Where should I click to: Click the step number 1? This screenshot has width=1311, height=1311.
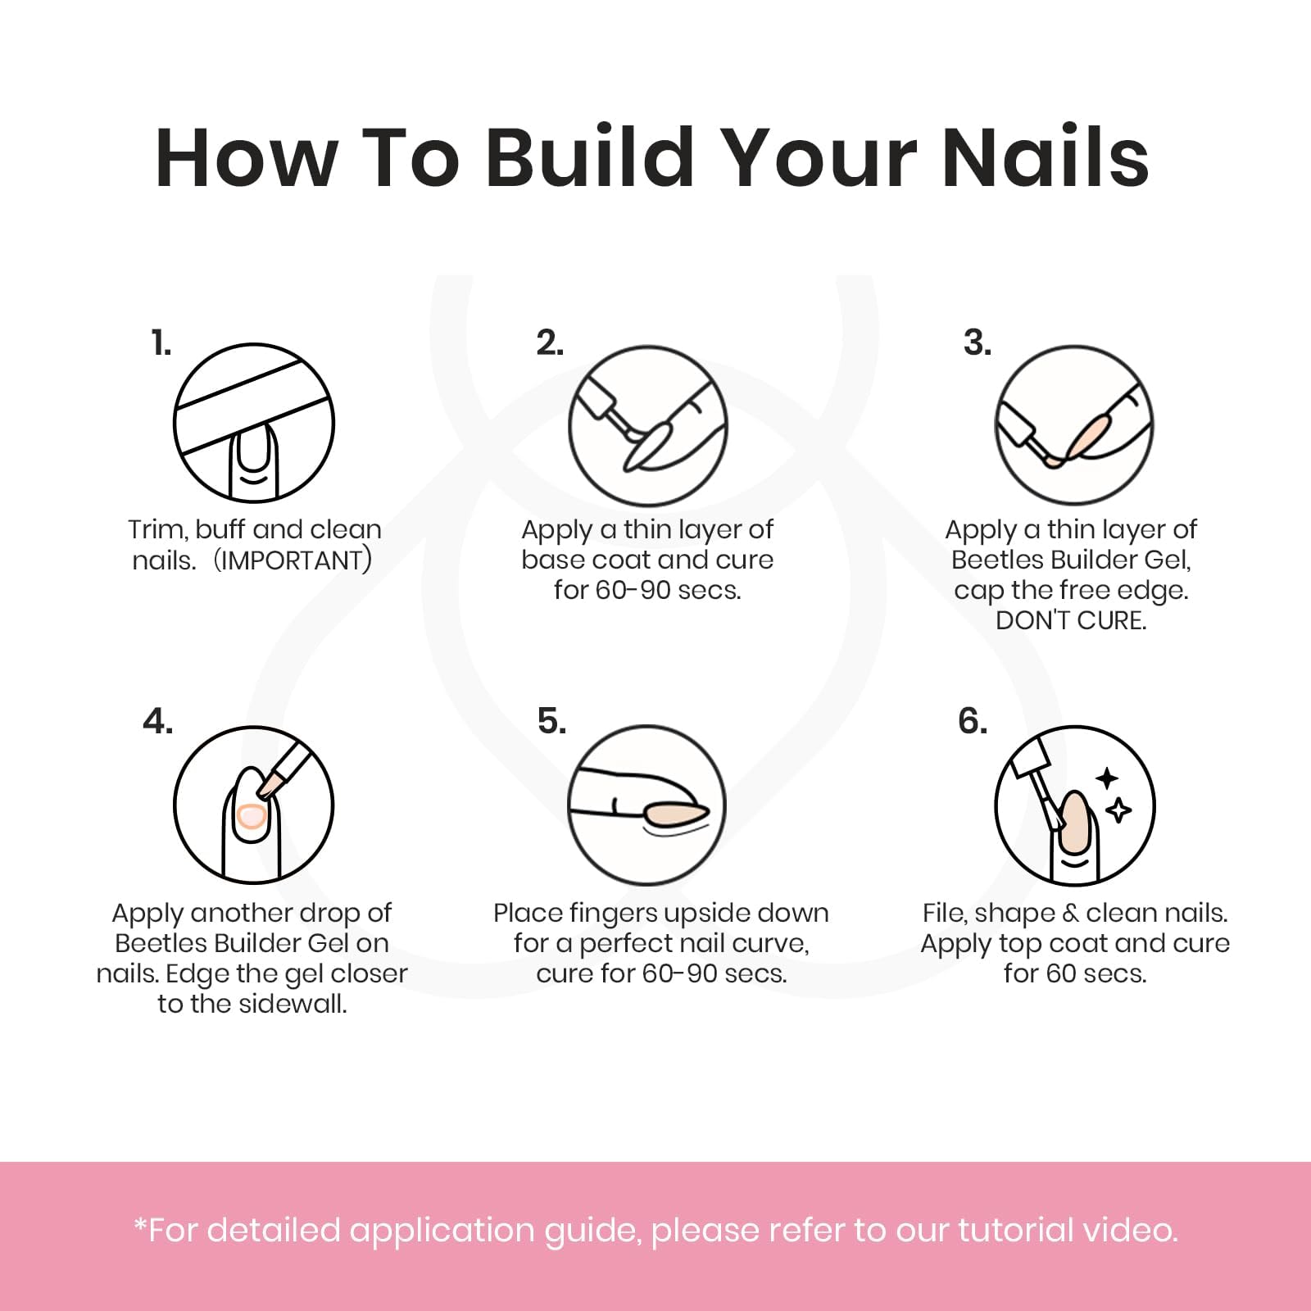[161, 342]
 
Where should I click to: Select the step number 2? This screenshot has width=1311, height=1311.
[550, 342]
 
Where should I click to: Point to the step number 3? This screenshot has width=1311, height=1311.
[977, 342]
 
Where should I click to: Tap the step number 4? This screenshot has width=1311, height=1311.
[158, 721]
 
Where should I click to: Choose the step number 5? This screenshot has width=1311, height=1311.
[551, 721]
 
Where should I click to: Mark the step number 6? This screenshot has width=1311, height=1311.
[973, 721]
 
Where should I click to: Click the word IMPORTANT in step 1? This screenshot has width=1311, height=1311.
[292, 560]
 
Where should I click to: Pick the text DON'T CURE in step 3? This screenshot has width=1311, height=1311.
[1071, 620]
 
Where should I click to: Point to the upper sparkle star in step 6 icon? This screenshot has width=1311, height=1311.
[1107, 778]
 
